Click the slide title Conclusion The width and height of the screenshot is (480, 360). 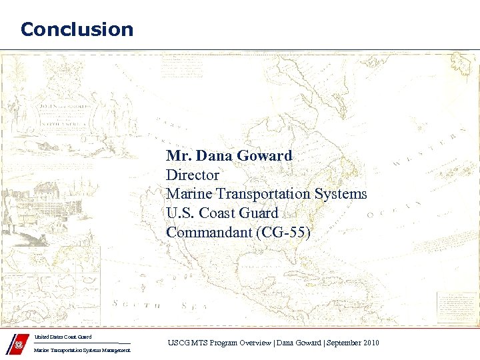(77, 29)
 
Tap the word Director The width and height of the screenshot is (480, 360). (192, 175)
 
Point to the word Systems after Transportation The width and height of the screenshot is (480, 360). (341, 194)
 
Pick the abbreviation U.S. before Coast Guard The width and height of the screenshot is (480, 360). (181, 213)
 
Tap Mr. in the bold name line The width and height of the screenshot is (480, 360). (178, 156)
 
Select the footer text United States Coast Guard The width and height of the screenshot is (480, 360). (63, 337)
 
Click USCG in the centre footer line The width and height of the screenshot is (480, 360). (177, 343)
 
